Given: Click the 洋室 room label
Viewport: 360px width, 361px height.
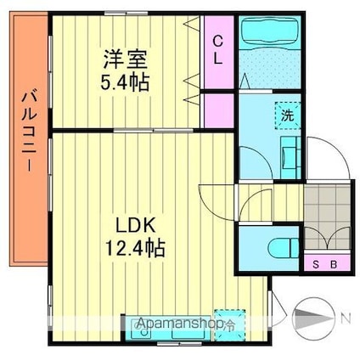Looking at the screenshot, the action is tap(125, 59).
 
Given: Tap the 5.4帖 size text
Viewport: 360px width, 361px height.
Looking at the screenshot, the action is tap(125, 82).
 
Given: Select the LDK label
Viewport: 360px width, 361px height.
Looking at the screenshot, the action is tap(135, 225).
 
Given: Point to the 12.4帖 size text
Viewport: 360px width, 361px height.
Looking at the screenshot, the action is tap(135, 247).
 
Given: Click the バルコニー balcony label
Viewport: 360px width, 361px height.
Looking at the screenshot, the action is tap(30, 131).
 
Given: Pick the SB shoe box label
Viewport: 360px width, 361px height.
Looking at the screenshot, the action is tap(325, 265).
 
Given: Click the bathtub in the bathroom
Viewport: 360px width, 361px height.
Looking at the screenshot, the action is tap(269, 31).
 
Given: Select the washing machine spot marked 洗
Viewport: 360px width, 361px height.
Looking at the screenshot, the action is tap(288, 116).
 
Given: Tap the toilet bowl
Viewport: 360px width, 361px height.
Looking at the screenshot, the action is tap(283, 249).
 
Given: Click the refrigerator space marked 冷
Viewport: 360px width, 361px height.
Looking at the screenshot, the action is tap(229, 324).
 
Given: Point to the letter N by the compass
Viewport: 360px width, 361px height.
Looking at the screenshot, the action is tap(346, 319).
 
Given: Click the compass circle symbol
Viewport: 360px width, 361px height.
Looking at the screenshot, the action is tap(313, 319).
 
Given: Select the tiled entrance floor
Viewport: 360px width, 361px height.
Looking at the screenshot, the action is tap(328, 217).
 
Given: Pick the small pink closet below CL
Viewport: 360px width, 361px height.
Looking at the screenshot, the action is tap(219, 110).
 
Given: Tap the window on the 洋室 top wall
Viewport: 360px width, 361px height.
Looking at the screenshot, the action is tap(127, 13).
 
